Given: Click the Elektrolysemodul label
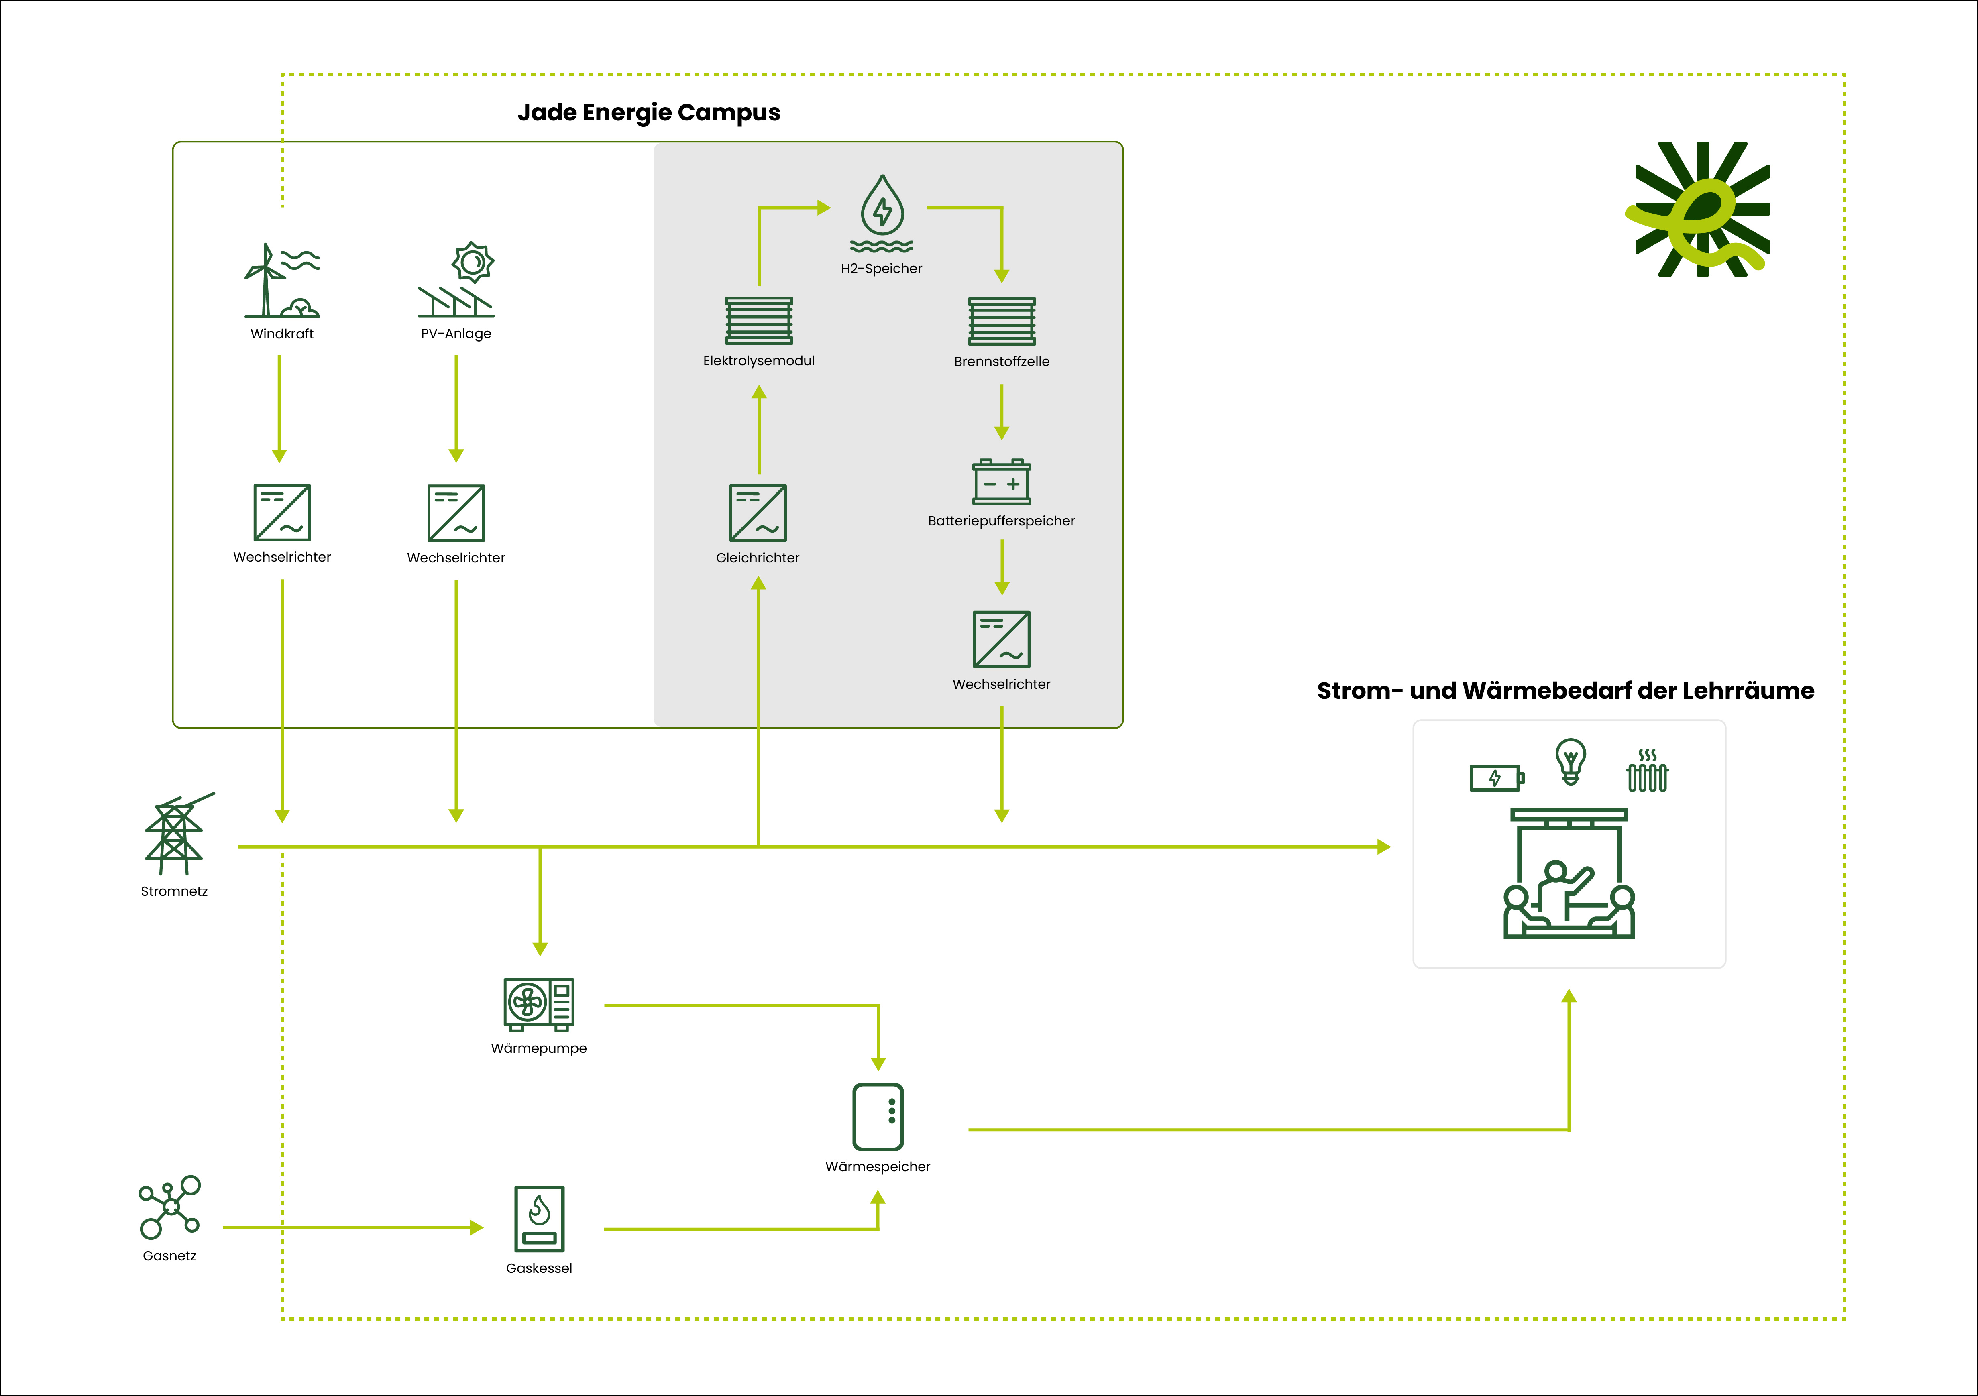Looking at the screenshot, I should [x=758, y=361].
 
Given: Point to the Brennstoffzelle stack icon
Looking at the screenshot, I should [x=1001, y=321].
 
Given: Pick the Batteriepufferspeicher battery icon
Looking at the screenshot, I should [x=1001, y=482].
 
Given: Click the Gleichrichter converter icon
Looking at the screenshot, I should [x=758, y=513].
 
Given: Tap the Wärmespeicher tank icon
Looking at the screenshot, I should [x=878, y=1117].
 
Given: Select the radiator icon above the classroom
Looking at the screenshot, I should [x=1646, y=771].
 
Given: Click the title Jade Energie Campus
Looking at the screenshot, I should [x=649, y=113].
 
